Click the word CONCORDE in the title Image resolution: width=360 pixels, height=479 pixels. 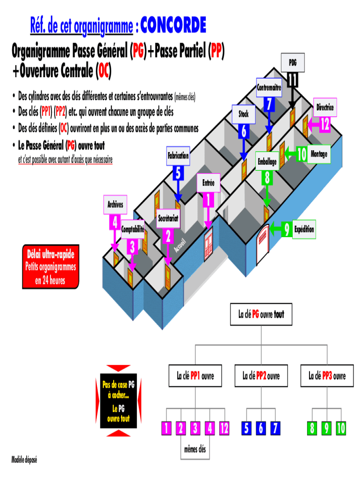pos(173,25)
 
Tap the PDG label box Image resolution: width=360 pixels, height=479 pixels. pos(293,63)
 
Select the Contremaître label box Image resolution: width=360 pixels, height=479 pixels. pos(269,87)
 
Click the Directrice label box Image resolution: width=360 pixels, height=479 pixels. pos(325,107)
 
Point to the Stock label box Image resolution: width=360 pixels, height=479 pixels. pos(244,114)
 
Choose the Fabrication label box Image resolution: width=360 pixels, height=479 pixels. pos(178,156)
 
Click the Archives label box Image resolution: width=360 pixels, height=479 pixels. pos(115,205)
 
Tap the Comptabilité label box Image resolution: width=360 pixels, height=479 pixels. pos(132,229)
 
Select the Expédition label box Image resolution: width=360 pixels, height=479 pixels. pos(304,229)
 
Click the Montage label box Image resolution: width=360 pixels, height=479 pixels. pos(319,154)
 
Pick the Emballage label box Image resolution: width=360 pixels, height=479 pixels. pos(267,161)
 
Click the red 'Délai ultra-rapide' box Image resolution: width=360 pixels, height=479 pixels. pos(50,267)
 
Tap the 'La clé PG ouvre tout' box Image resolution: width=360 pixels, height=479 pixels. pos(261,314)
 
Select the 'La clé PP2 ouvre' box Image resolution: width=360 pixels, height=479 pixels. pos(261,376)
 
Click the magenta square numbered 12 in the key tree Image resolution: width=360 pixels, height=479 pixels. pos(224,428)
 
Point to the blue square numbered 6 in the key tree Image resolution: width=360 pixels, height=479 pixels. pos(261,428)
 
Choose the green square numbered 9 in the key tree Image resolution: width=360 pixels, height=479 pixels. pos(326,428)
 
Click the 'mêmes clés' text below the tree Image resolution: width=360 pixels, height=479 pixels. pos(195,449)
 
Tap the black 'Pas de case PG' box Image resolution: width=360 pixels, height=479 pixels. pos(118,401)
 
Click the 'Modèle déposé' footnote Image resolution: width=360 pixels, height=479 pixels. pos(24,460)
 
